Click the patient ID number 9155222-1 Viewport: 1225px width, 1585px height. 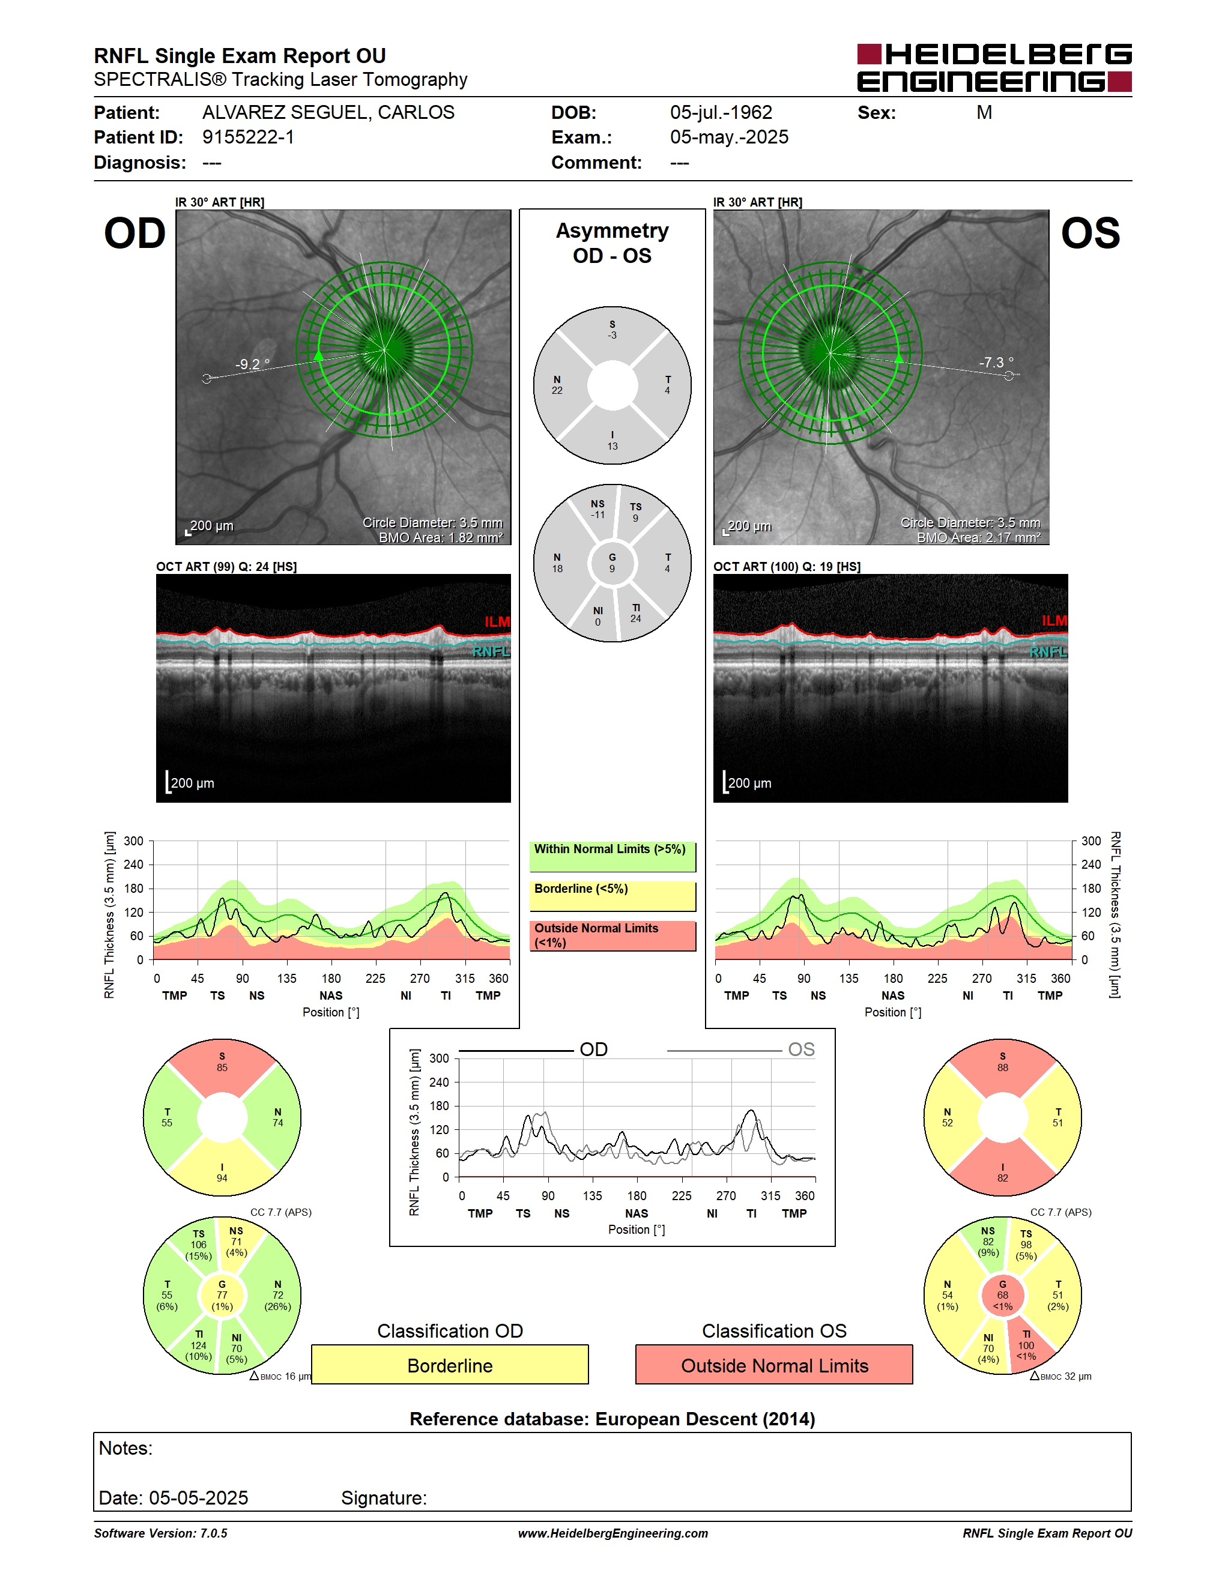(248, 137)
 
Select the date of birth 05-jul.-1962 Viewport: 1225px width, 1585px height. (721, 112)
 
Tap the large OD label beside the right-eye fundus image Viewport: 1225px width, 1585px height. (135, 233)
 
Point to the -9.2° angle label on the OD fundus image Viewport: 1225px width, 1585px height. (253, 364)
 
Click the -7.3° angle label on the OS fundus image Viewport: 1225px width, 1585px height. (996, 362)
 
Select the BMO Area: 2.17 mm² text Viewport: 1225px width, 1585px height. (978, 538)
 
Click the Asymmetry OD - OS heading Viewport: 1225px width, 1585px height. (612, 243)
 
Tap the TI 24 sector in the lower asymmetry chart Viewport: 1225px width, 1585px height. (636, 613)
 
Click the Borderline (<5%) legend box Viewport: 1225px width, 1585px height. (612, 896)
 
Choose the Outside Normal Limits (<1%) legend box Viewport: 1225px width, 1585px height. (612, 935)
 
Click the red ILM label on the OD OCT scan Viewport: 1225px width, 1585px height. (497, 622)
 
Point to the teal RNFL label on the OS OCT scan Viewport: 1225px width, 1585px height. (1048, 651)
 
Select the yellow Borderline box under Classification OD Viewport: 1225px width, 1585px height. (450, 1365)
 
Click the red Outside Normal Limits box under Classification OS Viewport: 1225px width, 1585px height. (775, 1365)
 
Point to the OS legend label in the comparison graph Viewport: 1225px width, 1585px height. (801, 1049)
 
